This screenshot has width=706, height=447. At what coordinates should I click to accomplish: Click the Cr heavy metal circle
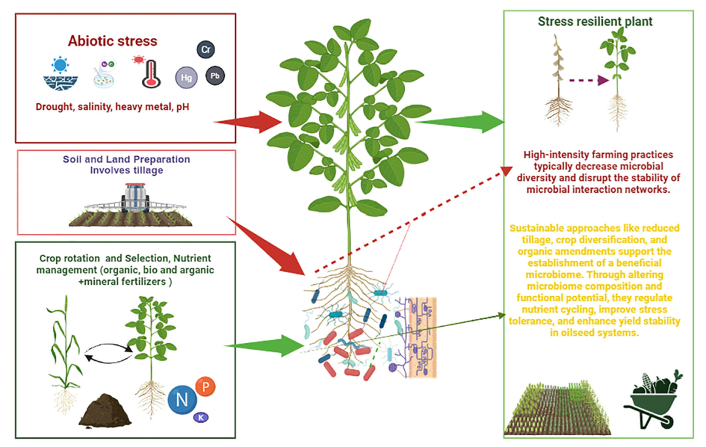pyautogui.click(x=206, y=49)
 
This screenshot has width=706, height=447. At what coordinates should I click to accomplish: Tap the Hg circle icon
pyautogui.click(x=186, y=77)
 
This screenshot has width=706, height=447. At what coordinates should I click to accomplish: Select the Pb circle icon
pyautogui.click(x=215, y=76)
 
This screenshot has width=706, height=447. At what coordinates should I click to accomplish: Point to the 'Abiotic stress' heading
pyautogui.click(x=112, y=41)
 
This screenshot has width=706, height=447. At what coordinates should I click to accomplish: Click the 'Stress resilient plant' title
pyautogui.click(x=596, y=21)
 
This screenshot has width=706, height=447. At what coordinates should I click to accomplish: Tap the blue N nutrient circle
pyautogui.click(x=182, y=399)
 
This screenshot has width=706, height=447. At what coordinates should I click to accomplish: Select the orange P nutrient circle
pyautogui.click(x=206, y=386)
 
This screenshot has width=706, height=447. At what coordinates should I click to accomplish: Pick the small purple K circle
pyautogui.click(x=201, y=418)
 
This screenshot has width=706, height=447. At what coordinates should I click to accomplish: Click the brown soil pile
pyautogui.click(x=105, y=410)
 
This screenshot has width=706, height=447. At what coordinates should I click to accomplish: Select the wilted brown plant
pyautogui.click(x=558, y=80)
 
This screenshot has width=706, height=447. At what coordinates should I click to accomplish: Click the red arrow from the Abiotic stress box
pyautogui.click(x=248, y=122)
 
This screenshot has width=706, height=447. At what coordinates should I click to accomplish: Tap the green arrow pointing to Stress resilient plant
pyautogui.click(x=460, y=122)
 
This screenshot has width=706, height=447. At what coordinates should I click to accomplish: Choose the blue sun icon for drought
pyautogui.click(x=60, y=65)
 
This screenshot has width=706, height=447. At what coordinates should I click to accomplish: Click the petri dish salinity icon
pyautogui.click(x=105, y=74)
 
